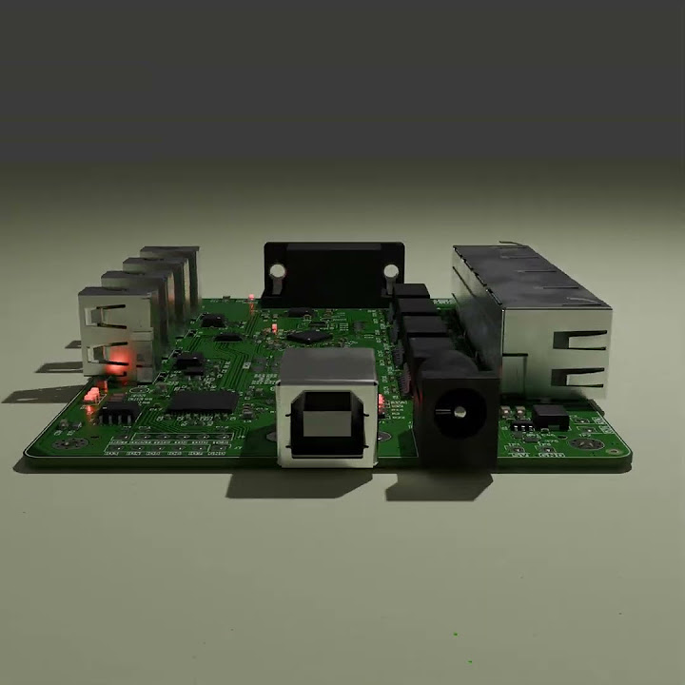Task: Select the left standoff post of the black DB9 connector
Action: (276, 279)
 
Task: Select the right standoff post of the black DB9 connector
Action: (391, 277)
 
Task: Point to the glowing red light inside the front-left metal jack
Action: (119, 362)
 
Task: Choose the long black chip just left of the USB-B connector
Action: (203, 401)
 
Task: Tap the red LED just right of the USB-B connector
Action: (382, 402)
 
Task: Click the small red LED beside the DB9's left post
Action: (250, 297)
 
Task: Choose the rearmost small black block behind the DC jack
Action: (410, 291)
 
